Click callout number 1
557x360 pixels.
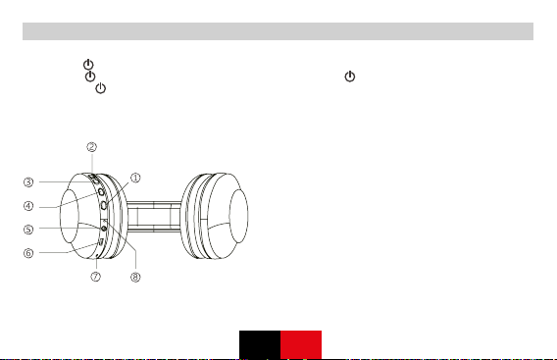tap(135, 178)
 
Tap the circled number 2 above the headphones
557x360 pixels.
tap(91, 147)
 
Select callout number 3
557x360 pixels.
tap(28, 181)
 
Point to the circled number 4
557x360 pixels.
tap(28, 206)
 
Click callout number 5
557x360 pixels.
tap(28, 230)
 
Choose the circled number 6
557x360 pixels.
tap(28, 253)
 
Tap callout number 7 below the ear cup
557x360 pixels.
tap(95, 277)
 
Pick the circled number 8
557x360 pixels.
tap(135, 277)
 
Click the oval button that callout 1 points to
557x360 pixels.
tap(104, 205)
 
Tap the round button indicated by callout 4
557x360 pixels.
tap(101, 192)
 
